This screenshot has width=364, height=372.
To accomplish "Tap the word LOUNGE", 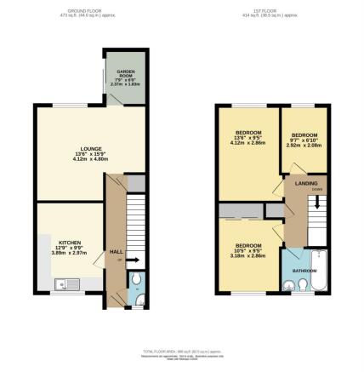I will coord(81,150).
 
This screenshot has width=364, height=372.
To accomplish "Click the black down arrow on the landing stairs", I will coord(316,203).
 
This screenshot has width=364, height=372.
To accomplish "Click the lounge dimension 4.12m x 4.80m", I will coord(81,161).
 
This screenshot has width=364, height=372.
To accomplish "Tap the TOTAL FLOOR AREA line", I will coord(181,350).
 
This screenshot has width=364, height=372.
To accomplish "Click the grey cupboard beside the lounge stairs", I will coord(134,185).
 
